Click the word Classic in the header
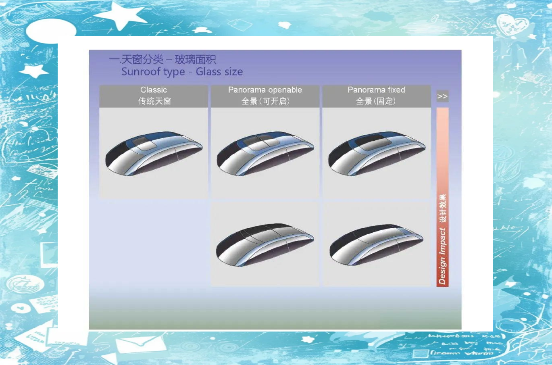(154, 90)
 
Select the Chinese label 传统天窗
(154, 101)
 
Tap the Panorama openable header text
(265, 90)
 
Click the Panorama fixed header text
(376, 90)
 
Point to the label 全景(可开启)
(265, 101)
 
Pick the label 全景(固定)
(376, 101)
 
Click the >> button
(442, 96)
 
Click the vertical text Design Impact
(442, 256)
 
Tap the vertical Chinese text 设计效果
(443, 209)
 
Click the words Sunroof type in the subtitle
(153, 72)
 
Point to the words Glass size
(219, 72)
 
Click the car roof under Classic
(154, 153)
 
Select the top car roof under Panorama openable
(265, 153)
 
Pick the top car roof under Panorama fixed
(377, 153)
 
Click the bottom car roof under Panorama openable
(265, 245)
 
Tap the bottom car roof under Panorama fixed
(377, 245)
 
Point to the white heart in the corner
(512, 25)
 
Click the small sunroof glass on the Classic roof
(144, 144)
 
